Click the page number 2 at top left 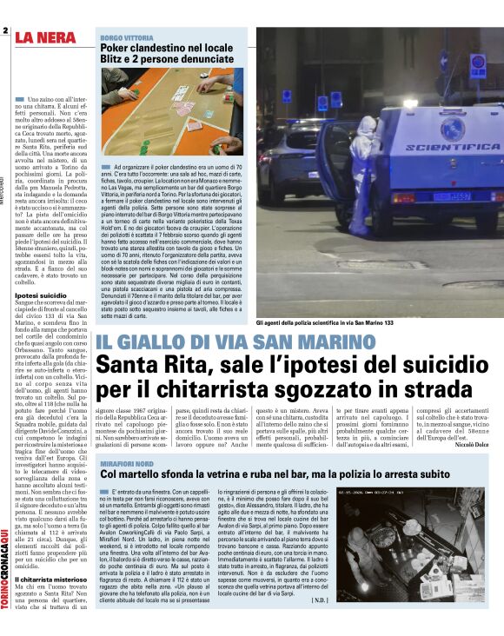(5, 32)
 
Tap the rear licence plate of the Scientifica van (452, 196)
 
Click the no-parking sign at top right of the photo (477, 64)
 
